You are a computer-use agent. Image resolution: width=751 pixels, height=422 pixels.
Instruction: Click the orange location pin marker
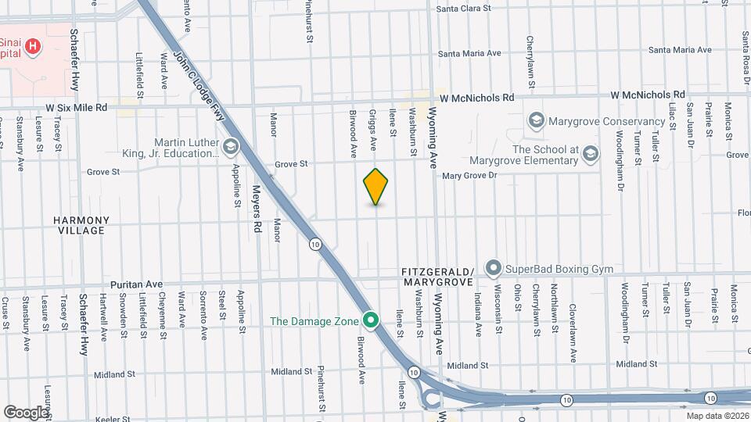click(376, 187)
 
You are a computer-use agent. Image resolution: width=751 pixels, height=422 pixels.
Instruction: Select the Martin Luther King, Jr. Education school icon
click(231, 145)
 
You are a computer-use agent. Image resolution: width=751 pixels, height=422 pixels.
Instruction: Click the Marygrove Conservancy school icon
click(536, 120)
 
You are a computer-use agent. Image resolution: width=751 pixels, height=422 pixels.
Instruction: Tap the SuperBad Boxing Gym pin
click(493, 269)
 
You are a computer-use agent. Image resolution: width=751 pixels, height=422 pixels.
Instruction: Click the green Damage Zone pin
click(372, 320)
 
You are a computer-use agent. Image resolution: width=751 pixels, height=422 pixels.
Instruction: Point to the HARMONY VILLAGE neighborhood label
click(81, 225)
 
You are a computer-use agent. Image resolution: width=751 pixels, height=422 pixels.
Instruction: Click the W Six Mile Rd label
click(76, 108)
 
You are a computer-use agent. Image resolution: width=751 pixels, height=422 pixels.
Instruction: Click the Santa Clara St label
click(463, 9)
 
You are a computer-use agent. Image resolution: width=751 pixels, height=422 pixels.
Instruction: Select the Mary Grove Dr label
click(469, 176)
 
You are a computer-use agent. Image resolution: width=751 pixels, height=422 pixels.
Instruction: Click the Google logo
click(26, 411)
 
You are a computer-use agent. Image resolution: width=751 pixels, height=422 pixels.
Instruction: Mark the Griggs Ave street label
click(373, 129)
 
